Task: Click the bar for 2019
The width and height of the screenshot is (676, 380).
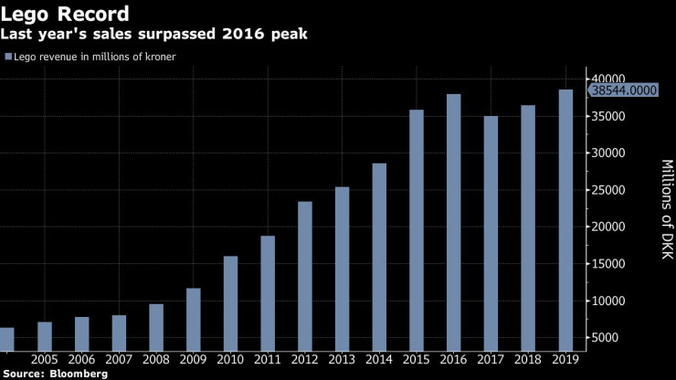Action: (x=565, y=220)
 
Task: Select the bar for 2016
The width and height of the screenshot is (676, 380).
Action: (x=454, y=223)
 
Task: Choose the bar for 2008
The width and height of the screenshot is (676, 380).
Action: (x=156, y=328)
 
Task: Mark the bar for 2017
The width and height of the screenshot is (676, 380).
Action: (x=491, y=234)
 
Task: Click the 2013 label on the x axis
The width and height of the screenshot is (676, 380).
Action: (x=343, y=360)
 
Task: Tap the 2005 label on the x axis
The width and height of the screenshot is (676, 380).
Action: (x=45, y=360)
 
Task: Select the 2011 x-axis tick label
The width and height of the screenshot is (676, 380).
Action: (x=268, y=360)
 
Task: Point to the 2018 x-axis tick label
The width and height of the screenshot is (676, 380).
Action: (x=528, y=360)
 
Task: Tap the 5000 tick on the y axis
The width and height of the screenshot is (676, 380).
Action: (x=607, y=338)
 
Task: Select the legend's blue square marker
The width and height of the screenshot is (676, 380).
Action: (x=8, y=57)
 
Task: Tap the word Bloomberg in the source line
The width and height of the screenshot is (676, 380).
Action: (x=79, y=374)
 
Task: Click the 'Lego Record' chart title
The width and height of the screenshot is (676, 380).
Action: (x=65, y=15)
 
